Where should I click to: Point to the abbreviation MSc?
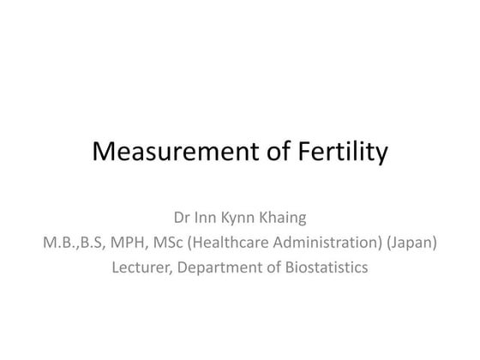coord(160,243)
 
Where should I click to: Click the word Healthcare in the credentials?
coord(218,243)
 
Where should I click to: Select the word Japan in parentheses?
coord(412,243)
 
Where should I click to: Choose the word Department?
coord(217,267)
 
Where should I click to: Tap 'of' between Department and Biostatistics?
coord(269,267)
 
